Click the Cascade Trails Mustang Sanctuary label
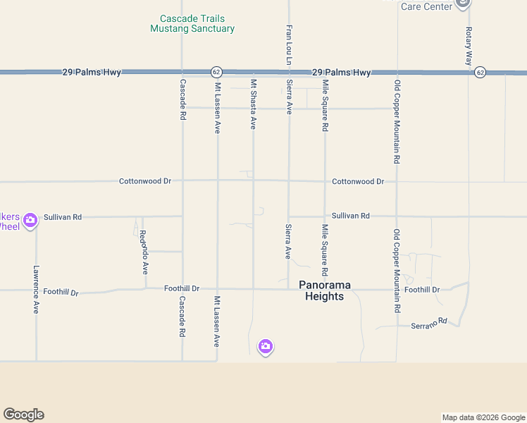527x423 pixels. (x=192, y=24)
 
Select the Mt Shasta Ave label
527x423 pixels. (x=253, y=104)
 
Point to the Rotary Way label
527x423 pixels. (x=469, y=47)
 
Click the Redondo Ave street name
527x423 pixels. (x=144, y=252)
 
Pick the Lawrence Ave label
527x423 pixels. (x=36, y=289)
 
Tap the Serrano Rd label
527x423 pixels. (x=429, y=323)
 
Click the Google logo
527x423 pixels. (x=23, y=415)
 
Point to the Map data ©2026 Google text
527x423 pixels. (x=483, y=417)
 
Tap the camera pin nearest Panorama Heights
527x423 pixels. (x=266, y=346)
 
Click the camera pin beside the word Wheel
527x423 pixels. (x=30, y=221)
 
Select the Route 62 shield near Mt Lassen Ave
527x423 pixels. (x=216, y=72)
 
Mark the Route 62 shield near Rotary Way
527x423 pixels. (x=480, y=72)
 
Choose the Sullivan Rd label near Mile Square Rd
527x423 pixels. (x=350, y=216)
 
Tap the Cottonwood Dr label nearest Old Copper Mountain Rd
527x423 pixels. (x=358, y=181)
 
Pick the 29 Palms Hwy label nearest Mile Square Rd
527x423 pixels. (x=341, y=73)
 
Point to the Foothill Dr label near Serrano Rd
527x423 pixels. (x=422, y=290)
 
